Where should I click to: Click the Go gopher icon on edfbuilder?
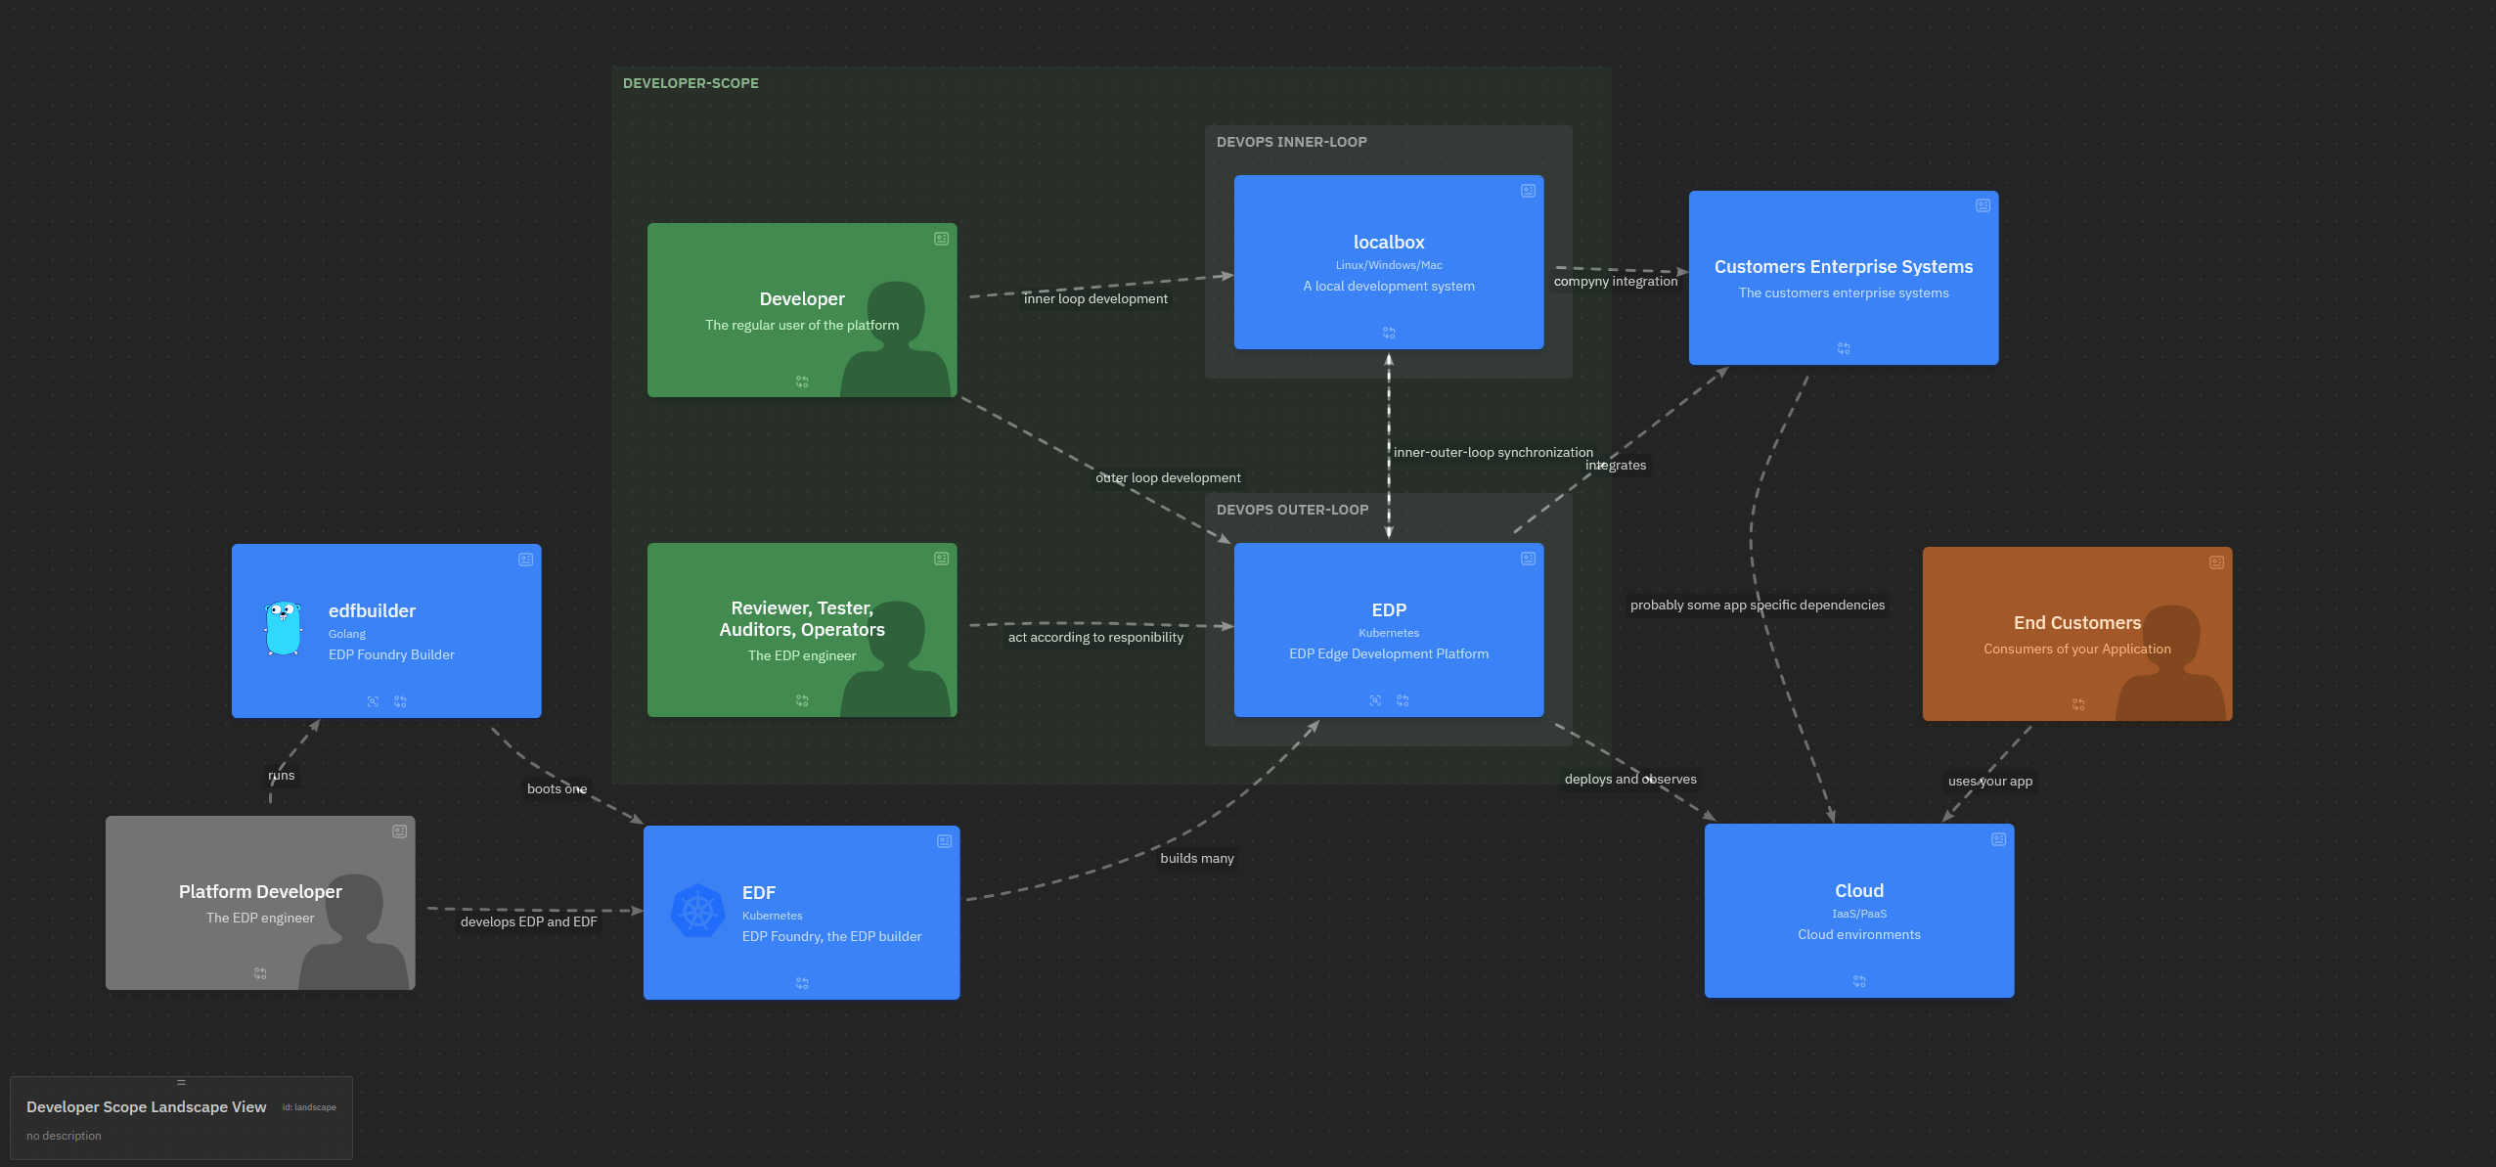point(283,629)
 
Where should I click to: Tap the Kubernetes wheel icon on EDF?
point(698,912)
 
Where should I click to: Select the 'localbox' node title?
point(1389,242)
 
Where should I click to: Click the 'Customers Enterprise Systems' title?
point(1844,267)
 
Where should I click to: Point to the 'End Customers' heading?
point(2077,623)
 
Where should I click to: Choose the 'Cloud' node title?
point(1859,891)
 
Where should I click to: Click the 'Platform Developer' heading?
point(260,892)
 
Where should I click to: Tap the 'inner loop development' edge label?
point(1095,298)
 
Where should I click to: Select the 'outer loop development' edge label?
point(1168,477)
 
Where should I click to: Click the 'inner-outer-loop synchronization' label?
point(1493,452)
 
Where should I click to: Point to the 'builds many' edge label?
point(1197,858)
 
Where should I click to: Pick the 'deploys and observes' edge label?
point(1630,779)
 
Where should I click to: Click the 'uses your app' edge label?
point(1989,781)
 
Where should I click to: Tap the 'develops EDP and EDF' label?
point(528,921)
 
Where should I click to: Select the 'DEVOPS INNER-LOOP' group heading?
point(1291,142)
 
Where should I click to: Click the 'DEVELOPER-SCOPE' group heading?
point(691,83)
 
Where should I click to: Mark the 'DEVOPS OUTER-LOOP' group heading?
point(1292,510)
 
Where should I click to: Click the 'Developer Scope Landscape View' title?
point(147,1106)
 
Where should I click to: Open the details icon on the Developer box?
point(941,239)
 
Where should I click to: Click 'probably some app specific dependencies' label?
point(1757,605)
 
